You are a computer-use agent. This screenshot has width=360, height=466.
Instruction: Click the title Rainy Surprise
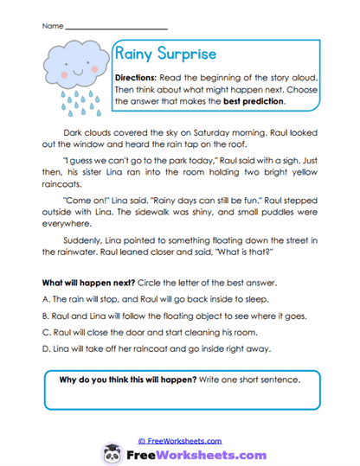164,54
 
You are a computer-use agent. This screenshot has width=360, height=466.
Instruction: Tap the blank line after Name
116,26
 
